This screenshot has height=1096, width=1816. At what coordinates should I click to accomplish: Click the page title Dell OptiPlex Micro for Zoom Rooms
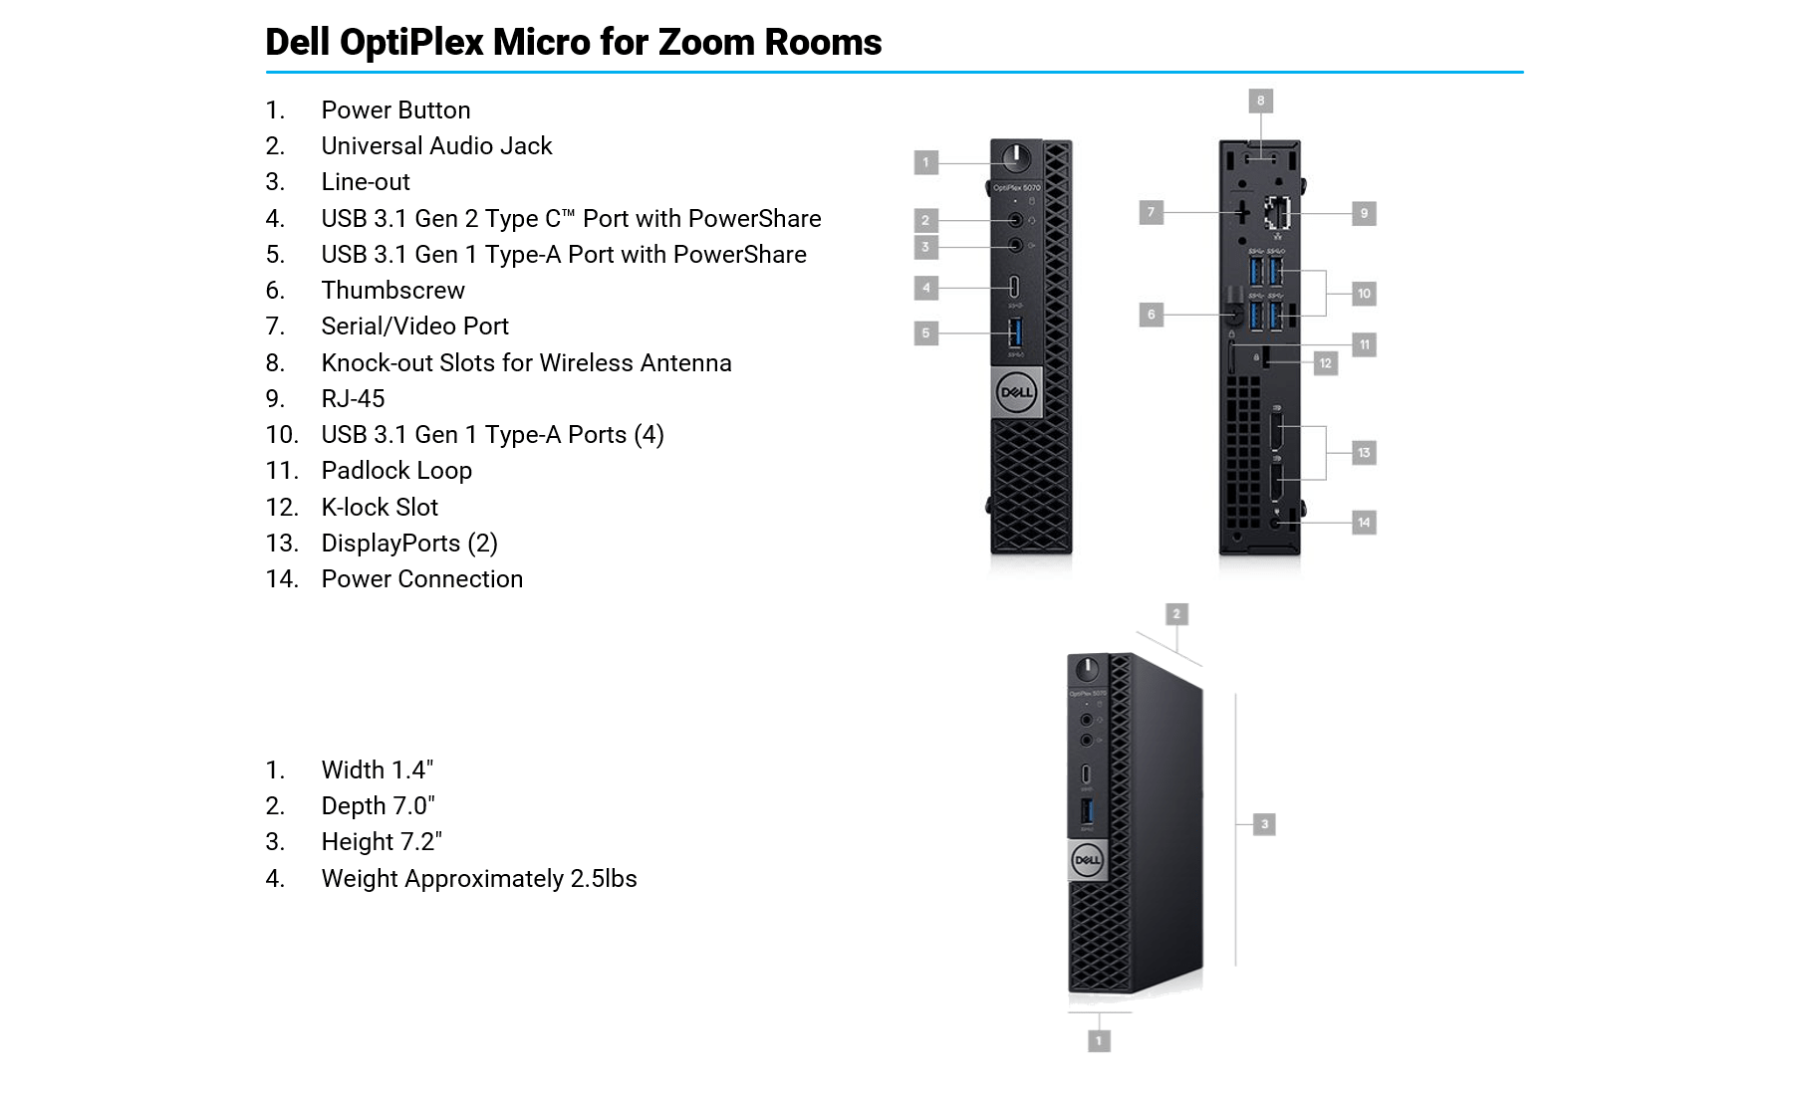pyautogui.click(x=573, y=42)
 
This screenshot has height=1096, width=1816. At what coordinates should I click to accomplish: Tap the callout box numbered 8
pyautogui.click(x=1260, y=101)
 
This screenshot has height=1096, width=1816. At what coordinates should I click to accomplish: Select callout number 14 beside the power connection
pyautogui.click(x=1364, y=523)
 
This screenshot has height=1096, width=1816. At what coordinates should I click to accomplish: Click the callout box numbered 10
pyautogui.click(x=1364, y=294)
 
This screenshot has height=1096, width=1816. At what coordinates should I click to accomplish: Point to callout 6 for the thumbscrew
pyautogui.click(x=1151, y=315)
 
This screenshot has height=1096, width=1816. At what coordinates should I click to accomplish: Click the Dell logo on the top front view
pyautogui.click(x=1016, y=392)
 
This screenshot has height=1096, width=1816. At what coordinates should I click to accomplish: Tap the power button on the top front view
pyautogui.click(x=1015, y=157)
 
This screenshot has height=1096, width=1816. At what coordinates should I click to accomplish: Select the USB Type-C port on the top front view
pyautogui.click(x=1015, y=288)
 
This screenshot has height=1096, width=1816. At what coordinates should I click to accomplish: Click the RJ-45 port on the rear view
pyautogui.click(x=1277, y=212)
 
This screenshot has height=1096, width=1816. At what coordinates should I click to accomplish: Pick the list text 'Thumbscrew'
pyautogui.click(x=392, y=291)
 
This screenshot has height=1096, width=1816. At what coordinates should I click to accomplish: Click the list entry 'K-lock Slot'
pyautogui.click(x=380, y=508)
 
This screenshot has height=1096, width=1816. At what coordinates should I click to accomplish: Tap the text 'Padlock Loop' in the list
pyautogui.click(x=396, y=471)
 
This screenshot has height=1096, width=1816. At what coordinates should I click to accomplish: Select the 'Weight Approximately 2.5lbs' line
pyautogui.click(x=479, y=879)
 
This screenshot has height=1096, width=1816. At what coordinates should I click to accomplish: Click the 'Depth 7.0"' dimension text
pyautogui.click(x=378, y=806)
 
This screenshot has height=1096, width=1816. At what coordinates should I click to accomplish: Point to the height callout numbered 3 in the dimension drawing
pyautogui.click(x=1264, y=824)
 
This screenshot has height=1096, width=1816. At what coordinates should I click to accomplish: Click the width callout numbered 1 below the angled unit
pyautogui.click(x=1099, y=1041)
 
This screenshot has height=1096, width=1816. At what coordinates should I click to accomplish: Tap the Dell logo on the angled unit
pyautogui.click(x=1087, y=860)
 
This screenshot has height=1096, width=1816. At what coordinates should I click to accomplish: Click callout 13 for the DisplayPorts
pyautogui.click(x=1364, y=453)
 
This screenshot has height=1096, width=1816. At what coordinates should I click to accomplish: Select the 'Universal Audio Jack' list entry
pyautogui.click(x=436, y=146)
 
